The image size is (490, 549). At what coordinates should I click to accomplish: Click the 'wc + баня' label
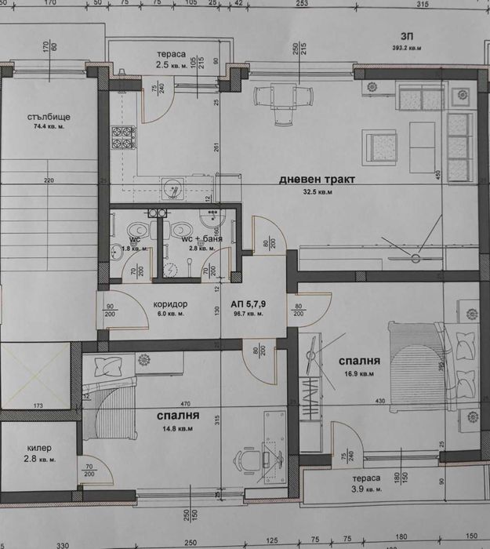tap(201, 238)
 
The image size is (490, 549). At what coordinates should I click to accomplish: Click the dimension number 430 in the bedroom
tap(379, 402)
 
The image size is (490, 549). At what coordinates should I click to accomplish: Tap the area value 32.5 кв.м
tap(317, 191)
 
